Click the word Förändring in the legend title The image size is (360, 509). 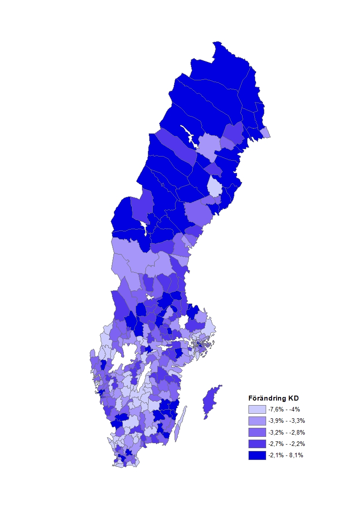(268, 399)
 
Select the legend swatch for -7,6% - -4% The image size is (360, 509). (257, 409)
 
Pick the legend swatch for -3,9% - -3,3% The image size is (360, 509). (257, 421)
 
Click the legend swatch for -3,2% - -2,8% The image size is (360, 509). (257, 432)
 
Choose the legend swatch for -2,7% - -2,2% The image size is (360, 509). (257, 443)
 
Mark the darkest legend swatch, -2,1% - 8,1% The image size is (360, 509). (257, 455)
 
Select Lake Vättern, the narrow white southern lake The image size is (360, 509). (144, 379)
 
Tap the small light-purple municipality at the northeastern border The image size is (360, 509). (266, 132)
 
